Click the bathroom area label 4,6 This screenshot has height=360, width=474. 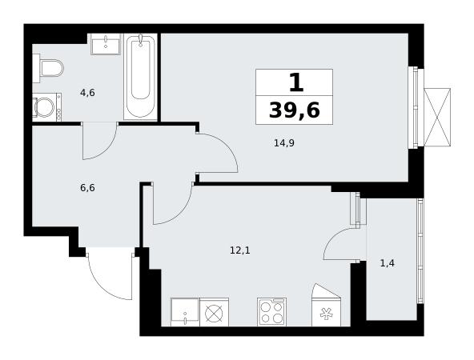87,93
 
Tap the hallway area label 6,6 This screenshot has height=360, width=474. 87,188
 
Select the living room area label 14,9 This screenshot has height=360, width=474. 284,143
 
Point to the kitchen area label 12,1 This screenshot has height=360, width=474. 240,250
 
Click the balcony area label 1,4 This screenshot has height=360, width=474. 388,263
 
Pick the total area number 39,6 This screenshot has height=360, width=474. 294,110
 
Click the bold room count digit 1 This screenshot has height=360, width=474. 296,82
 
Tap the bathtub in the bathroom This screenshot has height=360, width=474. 141,77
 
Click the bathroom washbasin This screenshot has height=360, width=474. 106,44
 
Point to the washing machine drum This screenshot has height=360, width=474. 45,107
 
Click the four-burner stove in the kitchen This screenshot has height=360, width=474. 271,312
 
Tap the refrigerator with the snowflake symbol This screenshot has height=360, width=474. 327,305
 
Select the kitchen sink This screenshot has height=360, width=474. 185,312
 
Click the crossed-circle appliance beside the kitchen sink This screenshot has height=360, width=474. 214,312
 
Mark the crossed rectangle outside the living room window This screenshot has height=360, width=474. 437,117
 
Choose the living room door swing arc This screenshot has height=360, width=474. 225,146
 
